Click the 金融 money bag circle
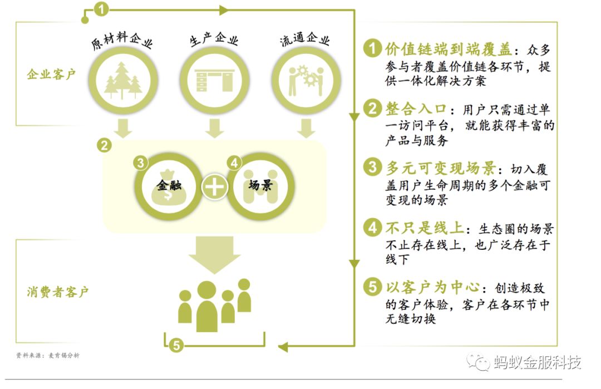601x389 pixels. click(x=169, y=186)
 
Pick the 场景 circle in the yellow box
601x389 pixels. click(x=260, y=186)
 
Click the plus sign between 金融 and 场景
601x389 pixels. click(x=214, y=186)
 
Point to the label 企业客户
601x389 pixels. click(x=51, y=74)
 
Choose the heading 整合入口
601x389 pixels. click(x=415, y=108)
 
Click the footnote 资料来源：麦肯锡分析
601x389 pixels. click(x=48, y=356)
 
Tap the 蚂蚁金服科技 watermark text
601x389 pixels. click(x=536, y=362)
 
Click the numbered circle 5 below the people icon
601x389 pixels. click(x=176, y=346)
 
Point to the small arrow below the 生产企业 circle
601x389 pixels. click(x=214, y=127)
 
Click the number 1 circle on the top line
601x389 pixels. click(x=101, y=8)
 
